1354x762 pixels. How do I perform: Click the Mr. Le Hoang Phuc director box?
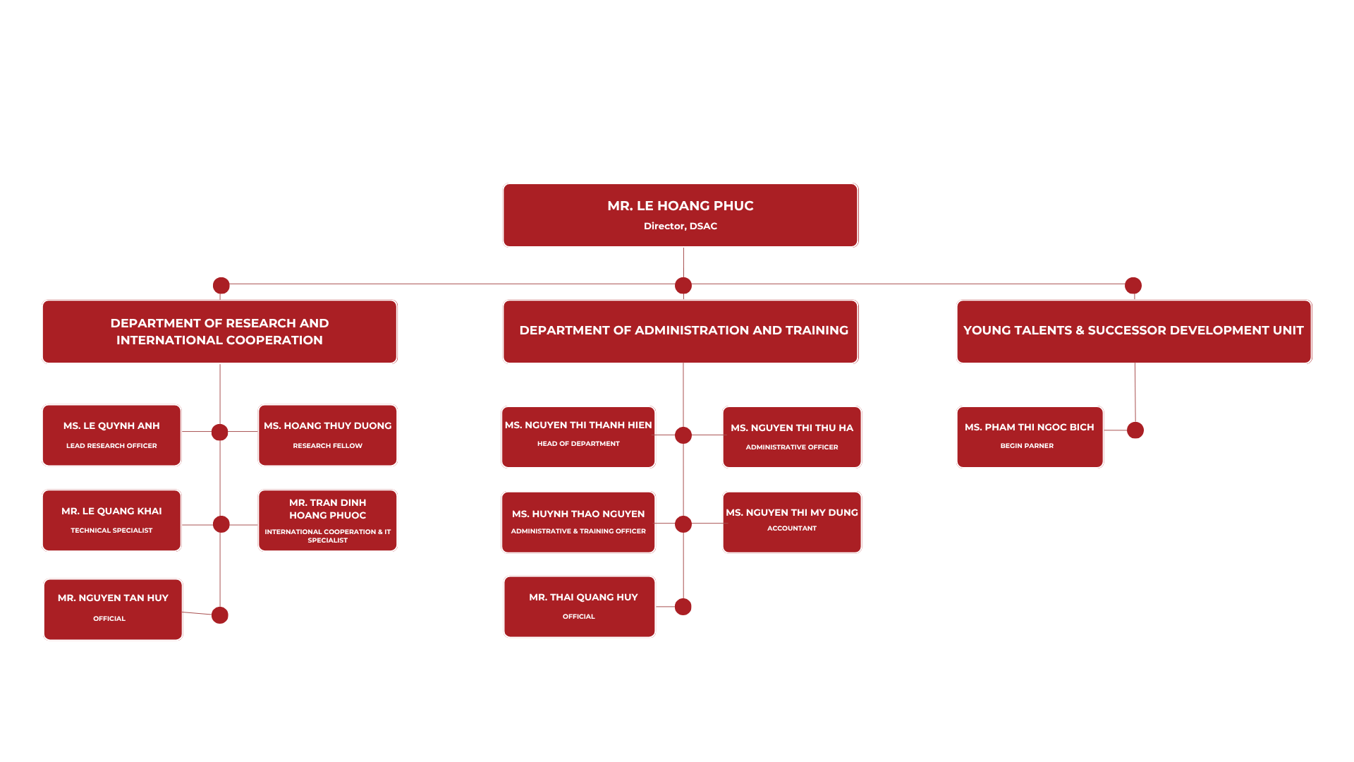tap(681, 215)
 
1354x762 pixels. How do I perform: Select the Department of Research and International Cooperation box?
tap(219, 332)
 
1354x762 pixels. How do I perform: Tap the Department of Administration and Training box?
tap(681, 332)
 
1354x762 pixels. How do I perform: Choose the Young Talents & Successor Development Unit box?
tap(1134, 332)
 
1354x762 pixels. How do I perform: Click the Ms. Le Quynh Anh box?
tap(111, 435)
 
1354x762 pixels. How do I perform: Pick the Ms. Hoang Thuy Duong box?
tap(327, 435)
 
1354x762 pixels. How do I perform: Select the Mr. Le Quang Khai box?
tap(111, 521)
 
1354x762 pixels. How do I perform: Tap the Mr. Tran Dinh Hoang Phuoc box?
tap(327, 521)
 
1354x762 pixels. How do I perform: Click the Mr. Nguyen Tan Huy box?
tap(113, 610)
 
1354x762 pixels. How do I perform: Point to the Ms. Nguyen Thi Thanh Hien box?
tap(578, 437)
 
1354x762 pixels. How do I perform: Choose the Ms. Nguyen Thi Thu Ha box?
tap(792, 437)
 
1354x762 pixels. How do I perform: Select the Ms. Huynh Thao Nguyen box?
tap(578, 522)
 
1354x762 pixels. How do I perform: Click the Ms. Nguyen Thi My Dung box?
tap(792, 522)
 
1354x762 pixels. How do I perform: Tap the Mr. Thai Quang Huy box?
tap(580, 607)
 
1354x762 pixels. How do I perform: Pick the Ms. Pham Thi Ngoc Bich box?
tap(1030, 437)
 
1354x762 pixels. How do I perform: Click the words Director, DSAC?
tap(681, 226)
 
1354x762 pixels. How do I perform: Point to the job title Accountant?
tap(792, 528)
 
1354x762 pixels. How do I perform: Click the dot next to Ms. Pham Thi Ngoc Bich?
tap(1135, 430)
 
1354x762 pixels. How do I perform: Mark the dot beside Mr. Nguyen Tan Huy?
tap(220, 615)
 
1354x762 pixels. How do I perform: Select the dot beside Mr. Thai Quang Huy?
tap(683, 607)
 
